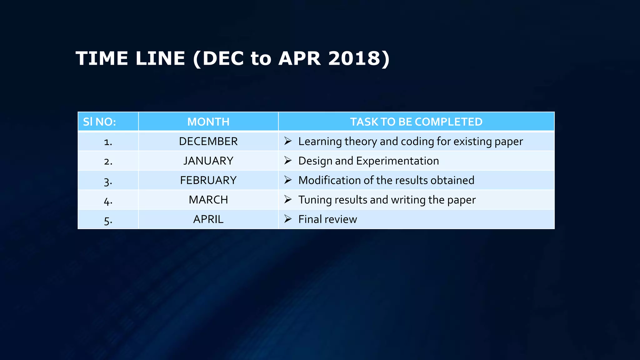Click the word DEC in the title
[x=223, y=58]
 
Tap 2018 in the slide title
[x=356, y=58]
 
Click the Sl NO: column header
[x=99, y=122]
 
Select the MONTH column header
[x=208, y=122]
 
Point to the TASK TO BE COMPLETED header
[x=416, y=122]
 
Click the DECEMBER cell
[x=208, y=142]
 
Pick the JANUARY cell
[x=208, y=161]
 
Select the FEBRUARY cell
[x=208, y=180]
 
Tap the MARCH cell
[x=208, y=200]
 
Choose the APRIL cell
[x=208, y=219]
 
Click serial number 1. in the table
[x=108, y=142]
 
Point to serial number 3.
[x=108, y=181]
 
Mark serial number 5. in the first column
[x=108, y=220]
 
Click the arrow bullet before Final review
[x=288, y=219]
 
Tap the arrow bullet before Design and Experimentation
[x=288, y=161]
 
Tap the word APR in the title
[x=299, y=58]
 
